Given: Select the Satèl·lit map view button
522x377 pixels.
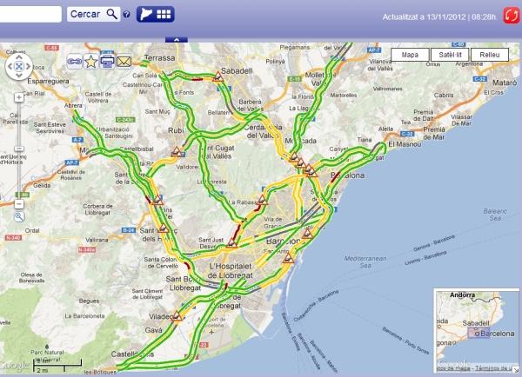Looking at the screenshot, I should click(x=451, y=54).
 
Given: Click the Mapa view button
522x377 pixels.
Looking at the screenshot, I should click(x=411, y=54).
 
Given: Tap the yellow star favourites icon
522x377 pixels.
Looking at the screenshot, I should click(x=90, y=61).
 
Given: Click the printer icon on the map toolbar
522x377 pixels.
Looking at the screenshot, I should click(x=107, y=61).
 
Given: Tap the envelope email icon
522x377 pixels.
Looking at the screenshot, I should click(x=124, y=61).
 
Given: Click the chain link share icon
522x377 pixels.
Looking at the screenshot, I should click(x=74, y=61).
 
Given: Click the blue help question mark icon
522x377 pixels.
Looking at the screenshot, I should click(x=127, y=15).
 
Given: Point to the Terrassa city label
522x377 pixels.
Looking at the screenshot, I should click(x=160, y=58).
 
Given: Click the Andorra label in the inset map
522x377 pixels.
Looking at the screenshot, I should click(x=460, y=296).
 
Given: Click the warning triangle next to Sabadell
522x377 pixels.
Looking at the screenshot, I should click(x=220, y=78).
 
